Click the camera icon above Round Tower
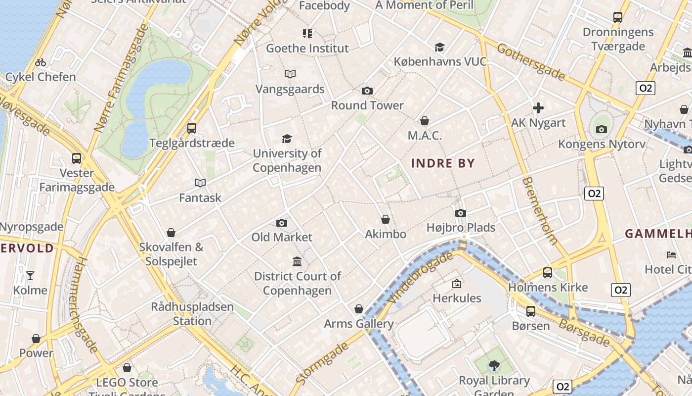(367, 91)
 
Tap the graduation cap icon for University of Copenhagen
(287, 139)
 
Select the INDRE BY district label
(443, 163)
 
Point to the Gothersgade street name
(531, 62)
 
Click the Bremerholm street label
(540, 211)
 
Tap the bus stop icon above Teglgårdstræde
(192, 128)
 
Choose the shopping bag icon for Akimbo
(386, 219)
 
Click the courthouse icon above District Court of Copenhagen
(297, 261)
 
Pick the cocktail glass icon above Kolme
(30, 275)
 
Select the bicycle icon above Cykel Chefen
(41, 62)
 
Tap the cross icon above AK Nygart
(538, 107)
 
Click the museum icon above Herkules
(457, 284)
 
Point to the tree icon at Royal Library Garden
(494, 366)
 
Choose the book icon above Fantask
(200, 183)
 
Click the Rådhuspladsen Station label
(192, 313)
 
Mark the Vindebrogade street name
(421, 278)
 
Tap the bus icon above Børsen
(531, 311)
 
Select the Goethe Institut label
(307, 49)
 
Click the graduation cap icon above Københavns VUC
(439, 47)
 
